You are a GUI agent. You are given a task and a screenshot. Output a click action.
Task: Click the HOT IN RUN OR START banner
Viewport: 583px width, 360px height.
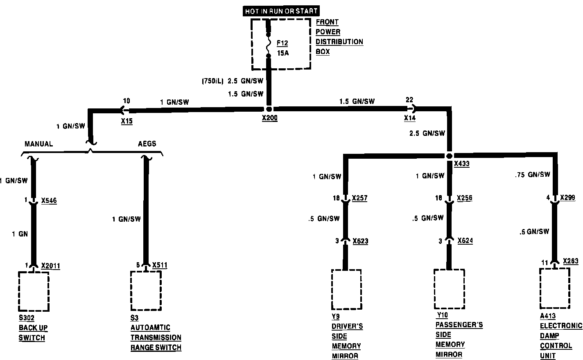point(281,11)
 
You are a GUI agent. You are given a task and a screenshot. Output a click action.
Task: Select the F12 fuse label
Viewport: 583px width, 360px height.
point(282,43)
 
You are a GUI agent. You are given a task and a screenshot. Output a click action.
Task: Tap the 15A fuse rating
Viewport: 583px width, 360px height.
point(282,53)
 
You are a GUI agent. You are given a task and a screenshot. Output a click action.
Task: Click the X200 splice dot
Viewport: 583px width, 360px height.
point(269,109)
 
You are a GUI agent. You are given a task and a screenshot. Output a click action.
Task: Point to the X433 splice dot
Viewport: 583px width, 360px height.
point(449,156)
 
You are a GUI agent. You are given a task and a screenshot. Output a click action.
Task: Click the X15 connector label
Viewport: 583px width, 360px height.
point(127,121)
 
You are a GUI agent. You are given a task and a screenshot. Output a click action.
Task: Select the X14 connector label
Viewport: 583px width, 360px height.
point(410,118)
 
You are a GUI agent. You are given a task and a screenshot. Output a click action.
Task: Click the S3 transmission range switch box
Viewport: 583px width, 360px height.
point(146,291)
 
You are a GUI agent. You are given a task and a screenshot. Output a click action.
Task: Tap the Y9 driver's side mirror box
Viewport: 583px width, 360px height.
point(346,290)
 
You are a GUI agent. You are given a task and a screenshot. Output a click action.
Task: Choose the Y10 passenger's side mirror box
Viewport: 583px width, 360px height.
point(449,289)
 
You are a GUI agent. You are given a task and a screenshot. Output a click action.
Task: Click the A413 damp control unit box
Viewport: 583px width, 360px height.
point(554,288)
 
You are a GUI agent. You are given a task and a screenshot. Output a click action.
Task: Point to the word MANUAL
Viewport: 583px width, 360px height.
point(38,144)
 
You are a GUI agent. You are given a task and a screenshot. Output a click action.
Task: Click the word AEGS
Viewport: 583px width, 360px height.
point(147,144)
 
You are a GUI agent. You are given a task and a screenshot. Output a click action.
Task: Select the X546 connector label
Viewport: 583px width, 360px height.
point(49,200)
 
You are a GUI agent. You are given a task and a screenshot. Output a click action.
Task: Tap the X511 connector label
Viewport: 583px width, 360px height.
point(160,265)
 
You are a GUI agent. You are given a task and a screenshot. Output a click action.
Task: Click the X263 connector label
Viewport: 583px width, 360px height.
point(571,261)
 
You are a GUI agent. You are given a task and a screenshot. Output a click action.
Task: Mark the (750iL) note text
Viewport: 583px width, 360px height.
point(212,81)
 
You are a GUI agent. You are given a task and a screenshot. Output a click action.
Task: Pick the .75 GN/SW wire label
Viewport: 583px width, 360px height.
point(532,175)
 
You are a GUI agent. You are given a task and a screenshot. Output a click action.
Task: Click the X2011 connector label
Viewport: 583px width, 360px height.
point(51,266)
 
